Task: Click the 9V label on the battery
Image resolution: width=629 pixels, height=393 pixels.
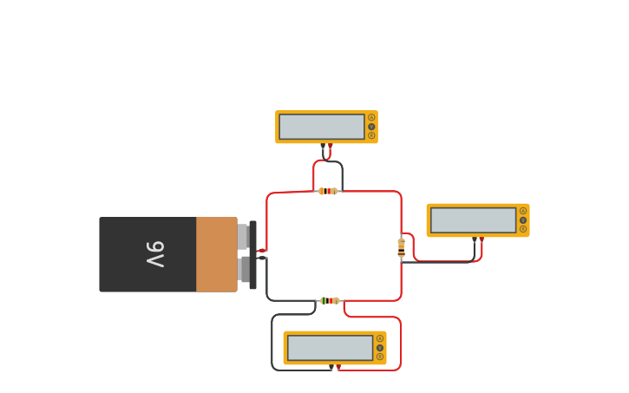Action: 155,254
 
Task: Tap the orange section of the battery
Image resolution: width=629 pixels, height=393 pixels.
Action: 216,254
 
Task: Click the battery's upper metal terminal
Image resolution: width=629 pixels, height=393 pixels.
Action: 243,236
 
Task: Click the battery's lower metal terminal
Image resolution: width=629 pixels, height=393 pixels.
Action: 243,269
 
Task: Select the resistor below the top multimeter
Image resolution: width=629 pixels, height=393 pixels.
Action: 327,191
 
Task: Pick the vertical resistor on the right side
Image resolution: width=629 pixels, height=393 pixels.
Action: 401,247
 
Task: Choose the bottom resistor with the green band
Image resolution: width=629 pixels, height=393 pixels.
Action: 329,300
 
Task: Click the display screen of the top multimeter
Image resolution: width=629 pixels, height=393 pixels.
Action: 322,127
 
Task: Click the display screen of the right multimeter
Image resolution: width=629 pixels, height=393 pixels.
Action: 473,220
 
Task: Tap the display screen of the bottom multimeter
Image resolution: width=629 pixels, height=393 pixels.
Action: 330,348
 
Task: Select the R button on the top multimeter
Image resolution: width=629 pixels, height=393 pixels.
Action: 371,135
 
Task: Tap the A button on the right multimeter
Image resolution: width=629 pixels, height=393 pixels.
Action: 523,211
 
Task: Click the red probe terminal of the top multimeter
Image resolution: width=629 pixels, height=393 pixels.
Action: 330,145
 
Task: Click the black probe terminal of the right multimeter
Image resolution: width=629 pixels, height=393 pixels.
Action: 475,239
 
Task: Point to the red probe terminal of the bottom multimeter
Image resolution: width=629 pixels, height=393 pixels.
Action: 338,367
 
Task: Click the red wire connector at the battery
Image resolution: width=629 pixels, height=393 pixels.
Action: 261,251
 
